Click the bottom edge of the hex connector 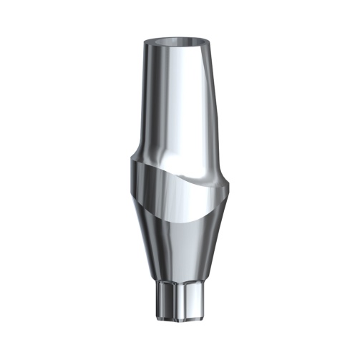click(179, 318)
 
